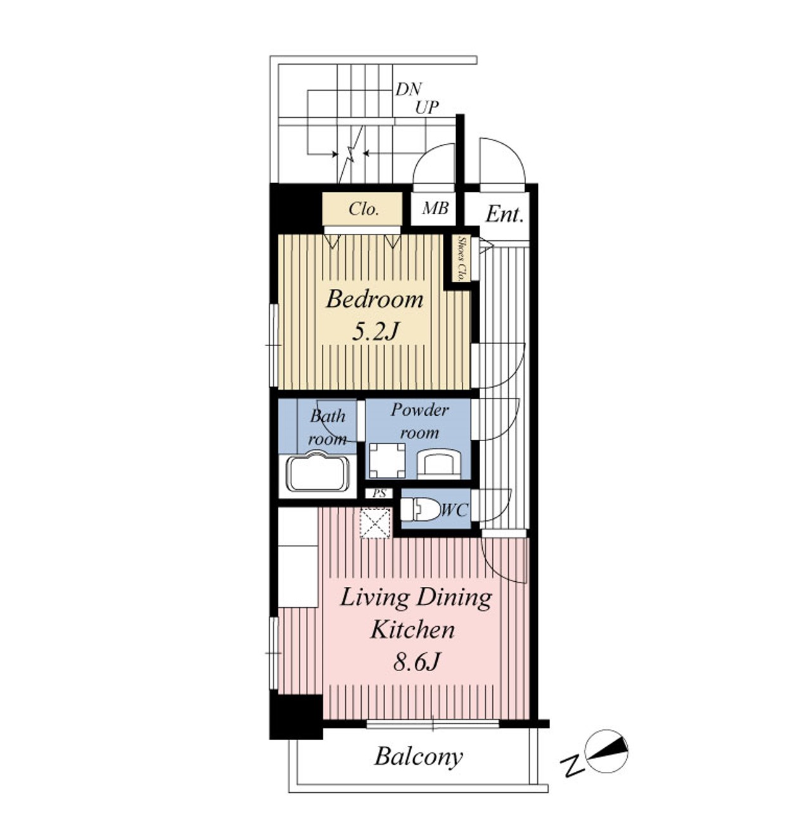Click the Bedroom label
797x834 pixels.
click(x=374, y=298)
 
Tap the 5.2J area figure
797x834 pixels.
click(x=375, y=331)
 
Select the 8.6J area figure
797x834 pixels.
click(x=416, y=662)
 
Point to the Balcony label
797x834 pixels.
click(x=419, y=757)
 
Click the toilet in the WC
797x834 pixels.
click(x=420, y=509)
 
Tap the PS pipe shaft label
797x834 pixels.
click(x=379, y=493)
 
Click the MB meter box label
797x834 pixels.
click(x=435, y=208)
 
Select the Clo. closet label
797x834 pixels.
click(x=364, y=209)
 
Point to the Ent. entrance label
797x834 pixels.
click(x=504, y=214)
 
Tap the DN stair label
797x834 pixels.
click(x=408, y=89)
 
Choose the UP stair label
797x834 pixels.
click(x=426, y=107)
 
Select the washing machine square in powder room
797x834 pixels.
click(x=387, y=460)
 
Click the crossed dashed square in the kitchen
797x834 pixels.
click(x=375, y=523)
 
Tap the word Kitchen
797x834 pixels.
click(x=412, y=629)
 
